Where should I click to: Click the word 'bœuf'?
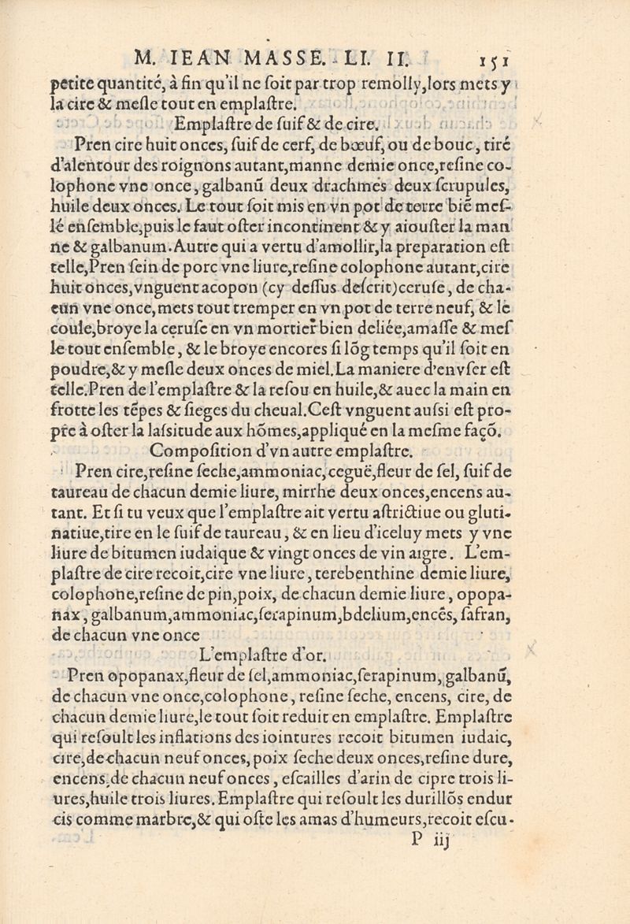pyautogui.click(x=395, y=145)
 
